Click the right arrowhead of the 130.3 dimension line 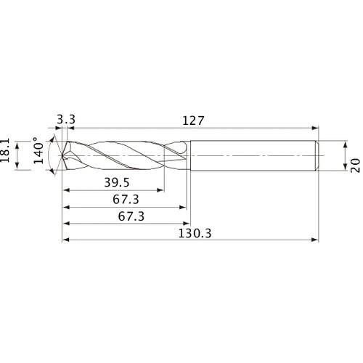coord(316,239)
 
